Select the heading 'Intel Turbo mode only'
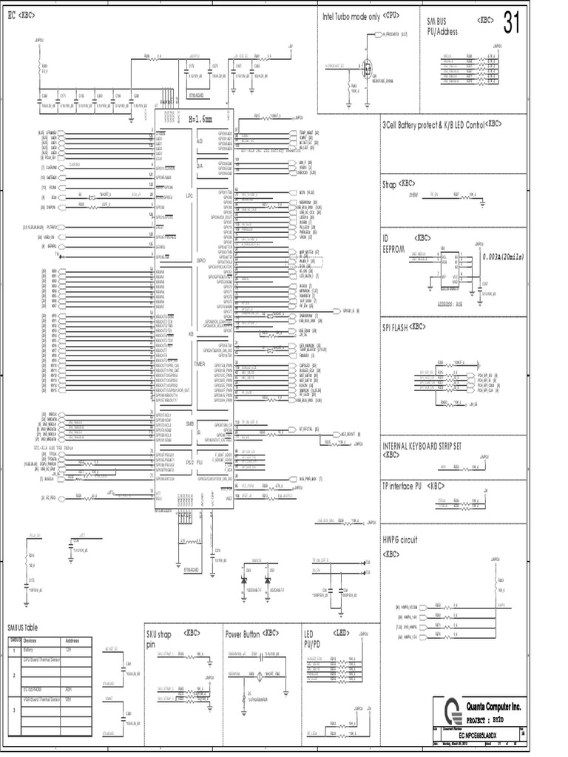(x=351, y=16)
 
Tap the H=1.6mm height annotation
(x=204, y=119)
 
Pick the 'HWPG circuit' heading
(x=400, y=540)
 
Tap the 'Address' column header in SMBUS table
(x=73, y=640)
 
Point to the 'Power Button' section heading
(x=251, y=634)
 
